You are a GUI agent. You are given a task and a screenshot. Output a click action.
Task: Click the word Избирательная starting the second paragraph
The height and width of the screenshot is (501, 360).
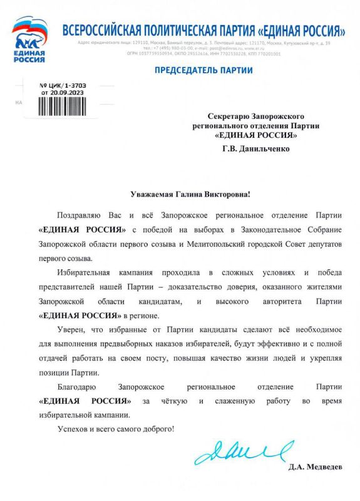88,272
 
